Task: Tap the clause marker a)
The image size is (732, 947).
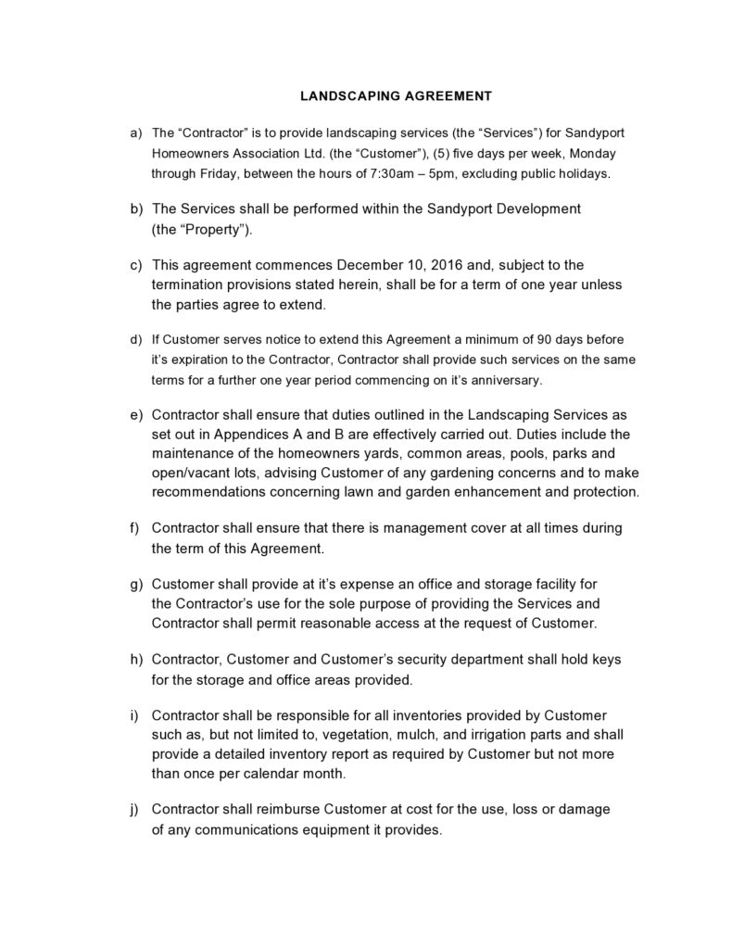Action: point(134,133)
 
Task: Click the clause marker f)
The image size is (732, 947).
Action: point(133,527)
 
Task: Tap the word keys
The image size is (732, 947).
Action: point(602,659)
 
